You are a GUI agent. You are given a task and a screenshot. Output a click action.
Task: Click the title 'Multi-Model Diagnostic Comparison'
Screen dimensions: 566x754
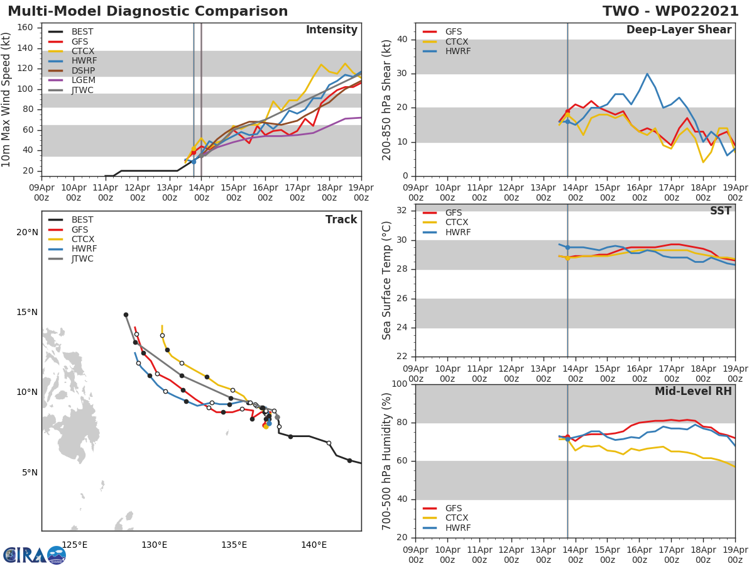[x=148, y=11]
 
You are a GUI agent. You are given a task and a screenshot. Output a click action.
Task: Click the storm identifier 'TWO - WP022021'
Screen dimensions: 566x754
[x=670, y=11]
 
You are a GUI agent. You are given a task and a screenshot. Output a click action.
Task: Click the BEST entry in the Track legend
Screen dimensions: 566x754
[x=82, y=220]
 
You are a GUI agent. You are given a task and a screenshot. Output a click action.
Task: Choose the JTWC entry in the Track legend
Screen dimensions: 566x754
[x=82, y=259]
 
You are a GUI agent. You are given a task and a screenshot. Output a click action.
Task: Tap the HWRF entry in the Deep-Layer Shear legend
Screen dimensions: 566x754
[x=457, y=52]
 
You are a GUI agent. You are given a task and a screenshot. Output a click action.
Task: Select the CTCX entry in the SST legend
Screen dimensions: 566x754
[x=456, y=223]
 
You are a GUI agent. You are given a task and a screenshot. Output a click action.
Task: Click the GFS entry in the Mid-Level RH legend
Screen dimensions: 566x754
[x=453, y=508]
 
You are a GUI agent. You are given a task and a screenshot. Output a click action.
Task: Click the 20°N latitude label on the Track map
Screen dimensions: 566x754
[x=27, y=233]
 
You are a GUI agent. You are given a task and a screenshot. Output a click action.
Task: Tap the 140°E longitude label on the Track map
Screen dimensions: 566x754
[x=314, y=545]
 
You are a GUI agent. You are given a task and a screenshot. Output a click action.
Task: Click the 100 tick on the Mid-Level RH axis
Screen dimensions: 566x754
[x=400, y=384]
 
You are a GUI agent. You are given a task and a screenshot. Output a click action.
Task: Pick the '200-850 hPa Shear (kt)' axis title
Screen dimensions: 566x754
[x=387, y=99]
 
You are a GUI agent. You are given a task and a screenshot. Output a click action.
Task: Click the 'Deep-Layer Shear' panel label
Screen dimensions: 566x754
[x=679, y=30]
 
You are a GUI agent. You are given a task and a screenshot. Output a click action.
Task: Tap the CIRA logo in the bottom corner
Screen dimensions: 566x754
[x=35, y=555]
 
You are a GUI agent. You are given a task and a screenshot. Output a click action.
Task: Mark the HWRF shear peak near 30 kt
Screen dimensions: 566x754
[x=647, y=74]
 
